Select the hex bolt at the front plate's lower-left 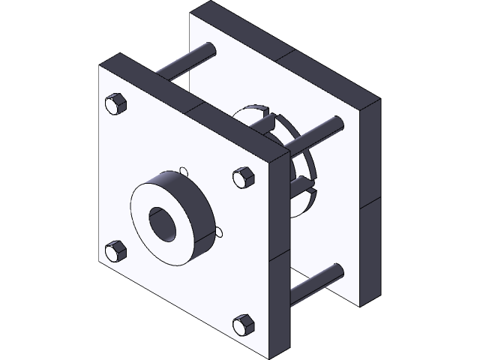coord(115,251)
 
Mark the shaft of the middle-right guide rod coord(315,130)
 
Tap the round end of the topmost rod coord(211,49)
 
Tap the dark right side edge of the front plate coord(278,247)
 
